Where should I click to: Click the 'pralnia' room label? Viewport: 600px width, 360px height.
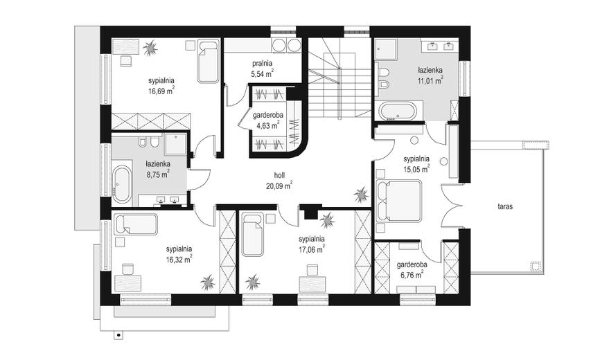pos(262,64)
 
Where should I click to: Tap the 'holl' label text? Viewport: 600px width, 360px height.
pos(279,175)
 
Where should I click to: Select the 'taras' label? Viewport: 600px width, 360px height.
pos(505,206)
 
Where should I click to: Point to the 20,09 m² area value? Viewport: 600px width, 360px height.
pos(279,186)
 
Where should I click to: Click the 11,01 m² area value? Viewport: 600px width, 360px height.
pos(430,80)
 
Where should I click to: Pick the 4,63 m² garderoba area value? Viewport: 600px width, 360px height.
pos(268,125)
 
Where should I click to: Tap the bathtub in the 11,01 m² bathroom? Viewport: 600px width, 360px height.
pos(397,111)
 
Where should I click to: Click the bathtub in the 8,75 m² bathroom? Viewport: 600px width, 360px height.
pos(122,184)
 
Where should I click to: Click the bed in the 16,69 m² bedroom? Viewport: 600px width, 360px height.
pos(208,62)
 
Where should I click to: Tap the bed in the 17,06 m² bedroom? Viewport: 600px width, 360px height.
pos(253,235)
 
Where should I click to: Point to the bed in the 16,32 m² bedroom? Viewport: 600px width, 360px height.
pos(136,224)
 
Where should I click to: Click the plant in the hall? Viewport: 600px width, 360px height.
pos(361,195)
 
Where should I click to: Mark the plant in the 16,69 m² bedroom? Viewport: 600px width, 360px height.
pos(150,48)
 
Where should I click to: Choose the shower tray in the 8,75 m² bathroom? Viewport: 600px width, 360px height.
pos(176,144)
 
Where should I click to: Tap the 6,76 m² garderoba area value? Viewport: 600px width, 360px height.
pos(412,275)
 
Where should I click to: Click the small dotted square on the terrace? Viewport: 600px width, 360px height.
pos(536,266)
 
